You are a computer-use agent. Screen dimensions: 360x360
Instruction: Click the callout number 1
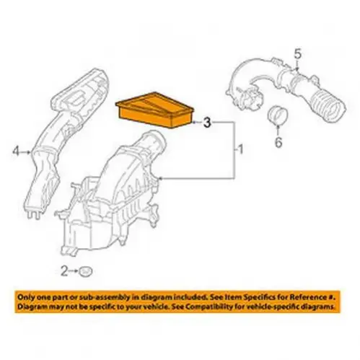[x=240, y=150]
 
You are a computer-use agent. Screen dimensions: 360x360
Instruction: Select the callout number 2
[x=64, y=271]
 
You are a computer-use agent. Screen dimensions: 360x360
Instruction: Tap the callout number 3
[x=207, y=123]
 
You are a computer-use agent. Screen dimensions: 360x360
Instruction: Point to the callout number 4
[x=16, y=152]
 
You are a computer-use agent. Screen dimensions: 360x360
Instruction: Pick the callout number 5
[x=298, y=55]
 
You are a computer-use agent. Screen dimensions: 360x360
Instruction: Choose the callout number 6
[x=278, y=142]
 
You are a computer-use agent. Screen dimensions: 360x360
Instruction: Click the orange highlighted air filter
[x=154, y=110]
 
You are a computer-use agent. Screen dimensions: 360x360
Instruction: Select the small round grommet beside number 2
[x=86, y=272]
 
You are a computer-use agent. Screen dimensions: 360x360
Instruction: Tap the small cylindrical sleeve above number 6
[x=277, y=115]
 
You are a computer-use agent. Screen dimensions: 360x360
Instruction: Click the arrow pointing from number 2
[x=73, y=271]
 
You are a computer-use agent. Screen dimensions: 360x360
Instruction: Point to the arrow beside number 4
[x=25, y=152]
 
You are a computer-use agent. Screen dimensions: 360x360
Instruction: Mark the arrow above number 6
[x=278, y=130]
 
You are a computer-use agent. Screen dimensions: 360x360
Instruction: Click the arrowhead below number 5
[x=297, y=69]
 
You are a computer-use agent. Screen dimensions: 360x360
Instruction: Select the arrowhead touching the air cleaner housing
[x=161, y=179]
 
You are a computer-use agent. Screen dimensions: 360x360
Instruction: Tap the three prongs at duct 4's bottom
[x=33, y=214]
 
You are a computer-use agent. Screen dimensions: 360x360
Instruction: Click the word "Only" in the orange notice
[x=25, y=297]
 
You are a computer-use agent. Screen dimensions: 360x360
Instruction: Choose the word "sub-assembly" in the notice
[x=111, y=298]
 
